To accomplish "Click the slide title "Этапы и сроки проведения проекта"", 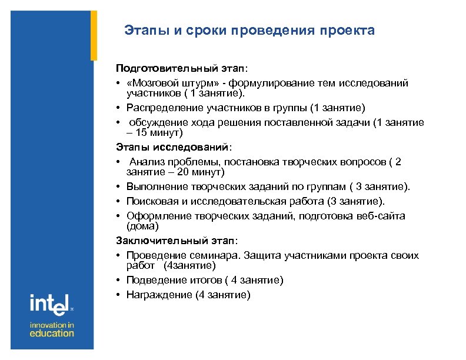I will click(249, 30).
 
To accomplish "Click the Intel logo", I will click(50, 305).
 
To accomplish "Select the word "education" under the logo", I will click(52, 333).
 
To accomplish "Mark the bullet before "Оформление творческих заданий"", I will click(118, 216).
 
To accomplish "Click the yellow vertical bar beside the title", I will click(94, 35).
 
